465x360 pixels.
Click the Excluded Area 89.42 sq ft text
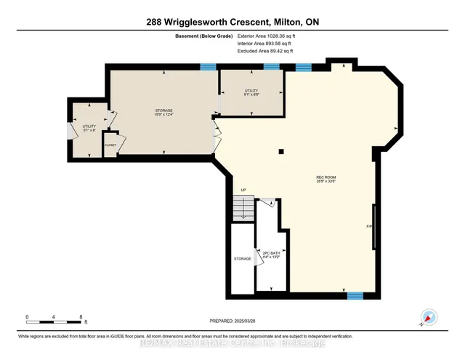tap(265, 52)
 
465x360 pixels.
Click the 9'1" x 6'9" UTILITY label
tap(250, 93)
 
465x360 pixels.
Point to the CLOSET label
tap(110, 145)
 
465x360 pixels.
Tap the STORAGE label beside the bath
tap(242, 258)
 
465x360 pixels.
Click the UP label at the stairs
tap(243, 191)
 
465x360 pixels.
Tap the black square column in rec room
tap(281, 151)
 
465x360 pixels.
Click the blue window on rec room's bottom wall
tap(355, 295)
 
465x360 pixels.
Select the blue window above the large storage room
tap(209, 67)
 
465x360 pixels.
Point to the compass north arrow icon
tap(429, 318)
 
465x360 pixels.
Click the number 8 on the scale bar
tap(81, 316)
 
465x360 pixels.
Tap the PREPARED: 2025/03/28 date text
tap(232, 321)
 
